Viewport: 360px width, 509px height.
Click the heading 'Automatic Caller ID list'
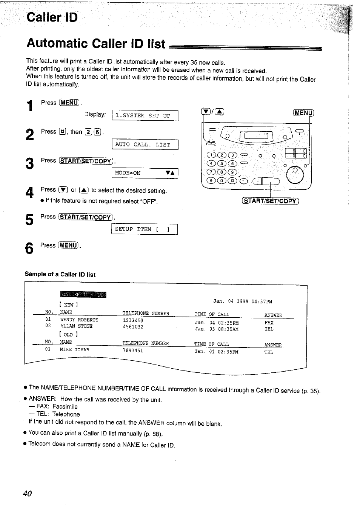tap(96, 44)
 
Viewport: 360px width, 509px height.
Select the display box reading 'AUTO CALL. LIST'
tap(145, 145)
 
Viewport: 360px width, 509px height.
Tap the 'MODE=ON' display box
tap(145, 173)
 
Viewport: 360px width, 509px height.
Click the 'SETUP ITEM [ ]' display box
tap(144, 229)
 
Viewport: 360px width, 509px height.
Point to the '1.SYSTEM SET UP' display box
tap(145, 116)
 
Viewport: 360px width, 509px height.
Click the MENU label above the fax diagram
tap(303, 112)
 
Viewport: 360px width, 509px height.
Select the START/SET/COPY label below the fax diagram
tap(270, 201)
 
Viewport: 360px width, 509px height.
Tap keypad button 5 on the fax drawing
tap(222, 163)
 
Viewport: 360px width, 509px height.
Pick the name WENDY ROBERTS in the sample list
tap(79, 320)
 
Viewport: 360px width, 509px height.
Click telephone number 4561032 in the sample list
tap(133, 327)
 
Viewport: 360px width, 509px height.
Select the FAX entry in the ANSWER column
tap(269, 323)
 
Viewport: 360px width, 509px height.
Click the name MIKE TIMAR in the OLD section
tap(74, 350)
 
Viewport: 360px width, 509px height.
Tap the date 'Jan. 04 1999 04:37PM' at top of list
tap(242, 301)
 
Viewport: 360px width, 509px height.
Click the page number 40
tap(27, 494)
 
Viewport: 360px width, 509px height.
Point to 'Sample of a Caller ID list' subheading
tap(60, 275)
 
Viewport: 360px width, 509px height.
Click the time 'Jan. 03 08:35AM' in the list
tap(216, 329)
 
